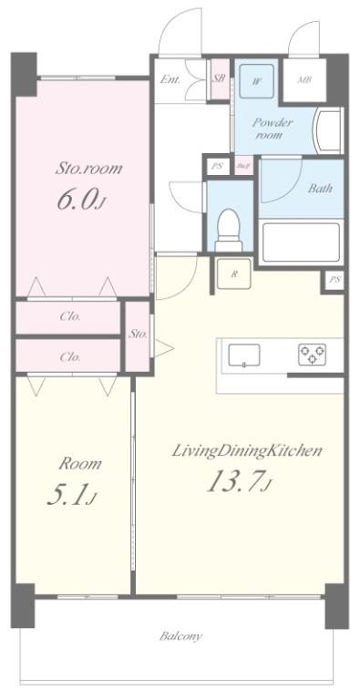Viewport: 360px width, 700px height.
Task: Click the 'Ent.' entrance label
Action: (170, 79)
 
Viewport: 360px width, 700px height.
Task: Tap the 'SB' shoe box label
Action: (219, 79)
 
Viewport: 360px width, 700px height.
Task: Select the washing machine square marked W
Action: (257, 81)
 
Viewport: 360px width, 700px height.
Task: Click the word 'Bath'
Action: (319, 189)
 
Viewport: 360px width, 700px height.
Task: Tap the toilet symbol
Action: (228, 228)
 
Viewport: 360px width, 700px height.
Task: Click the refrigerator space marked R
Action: (234, 273)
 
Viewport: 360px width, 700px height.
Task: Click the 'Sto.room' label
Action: (89, 169)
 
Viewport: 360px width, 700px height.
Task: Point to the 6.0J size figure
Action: (77, 201)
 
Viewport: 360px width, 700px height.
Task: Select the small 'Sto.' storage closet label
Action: (139, 335)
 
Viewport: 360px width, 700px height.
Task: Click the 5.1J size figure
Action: (72, 496)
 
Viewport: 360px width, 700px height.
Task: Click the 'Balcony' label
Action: (180, 636)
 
